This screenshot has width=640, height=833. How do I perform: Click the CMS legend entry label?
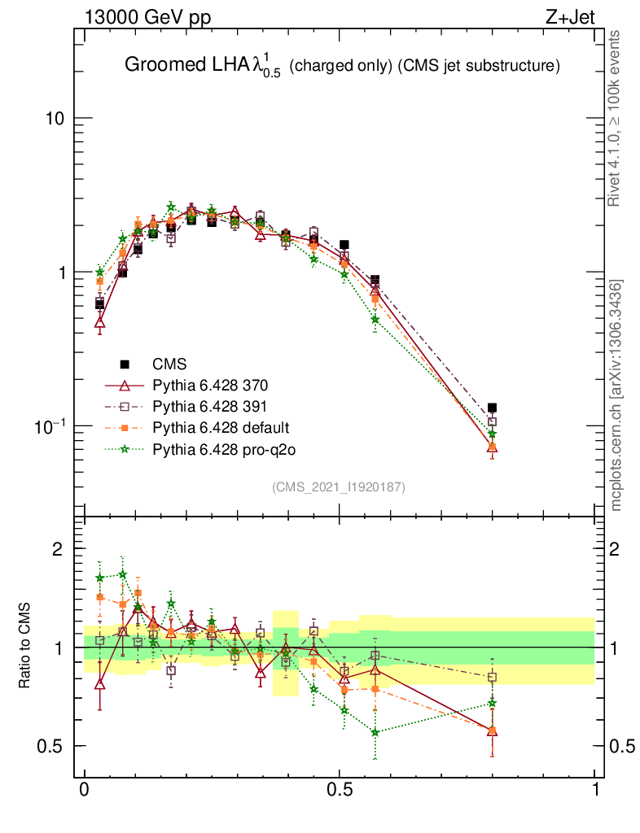click(169, 364)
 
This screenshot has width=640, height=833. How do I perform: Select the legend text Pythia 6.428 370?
click(211, 385)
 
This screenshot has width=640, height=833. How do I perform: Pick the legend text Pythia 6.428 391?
click(211, 406)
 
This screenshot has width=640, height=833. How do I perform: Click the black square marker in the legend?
click(125, 364)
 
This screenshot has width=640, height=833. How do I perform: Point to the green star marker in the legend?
click(125, 448)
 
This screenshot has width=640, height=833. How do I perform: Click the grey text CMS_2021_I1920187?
click(339, 486)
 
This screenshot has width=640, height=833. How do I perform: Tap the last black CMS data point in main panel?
click(492, 408)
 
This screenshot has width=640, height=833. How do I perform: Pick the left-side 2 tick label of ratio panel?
click(57, 549)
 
